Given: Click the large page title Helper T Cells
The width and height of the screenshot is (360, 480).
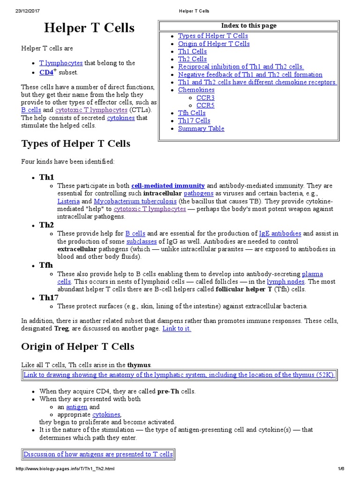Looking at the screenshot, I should (x=89, y=28).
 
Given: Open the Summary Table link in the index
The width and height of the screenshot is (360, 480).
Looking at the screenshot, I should (x=201, y=128).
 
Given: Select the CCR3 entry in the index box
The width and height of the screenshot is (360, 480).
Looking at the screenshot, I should (x=205, y=97).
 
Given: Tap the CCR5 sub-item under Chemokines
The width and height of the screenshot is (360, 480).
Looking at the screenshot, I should (x=205, y=105).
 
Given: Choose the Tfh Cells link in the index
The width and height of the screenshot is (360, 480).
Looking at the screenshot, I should (x=192, y=113).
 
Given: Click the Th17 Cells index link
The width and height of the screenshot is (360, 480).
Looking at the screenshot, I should (x=194, y=120).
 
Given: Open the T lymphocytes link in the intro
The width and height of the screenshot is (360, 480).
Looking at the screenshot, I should (x=61, y=63).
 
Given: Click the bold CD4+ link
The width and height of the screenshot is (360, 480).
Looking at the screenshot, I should (x=47, y=72).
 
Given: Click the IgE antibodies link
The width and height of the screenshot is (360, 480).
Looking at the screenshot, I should (x=280, y=233).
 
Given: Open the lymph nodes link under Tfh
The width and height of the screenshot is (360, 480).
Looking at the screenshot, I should (x=285, y=281).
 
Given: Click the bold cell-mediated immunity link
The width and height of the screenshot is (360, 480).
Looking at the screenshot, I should (x=168, y=185).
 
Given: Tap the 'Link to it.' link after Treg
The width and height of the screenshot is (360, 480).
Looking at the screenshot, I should (x=177, y=329).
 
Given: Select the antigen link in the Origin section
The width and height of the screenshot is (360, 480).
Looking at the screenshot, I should (x=76, y=407).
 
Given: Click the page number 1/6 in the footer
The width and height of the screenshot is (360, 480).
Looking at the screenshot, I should (x=340, y=469).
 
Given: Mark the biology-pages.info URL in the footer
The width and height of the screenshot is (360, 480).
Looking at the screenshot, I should (x=65, y=469).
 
